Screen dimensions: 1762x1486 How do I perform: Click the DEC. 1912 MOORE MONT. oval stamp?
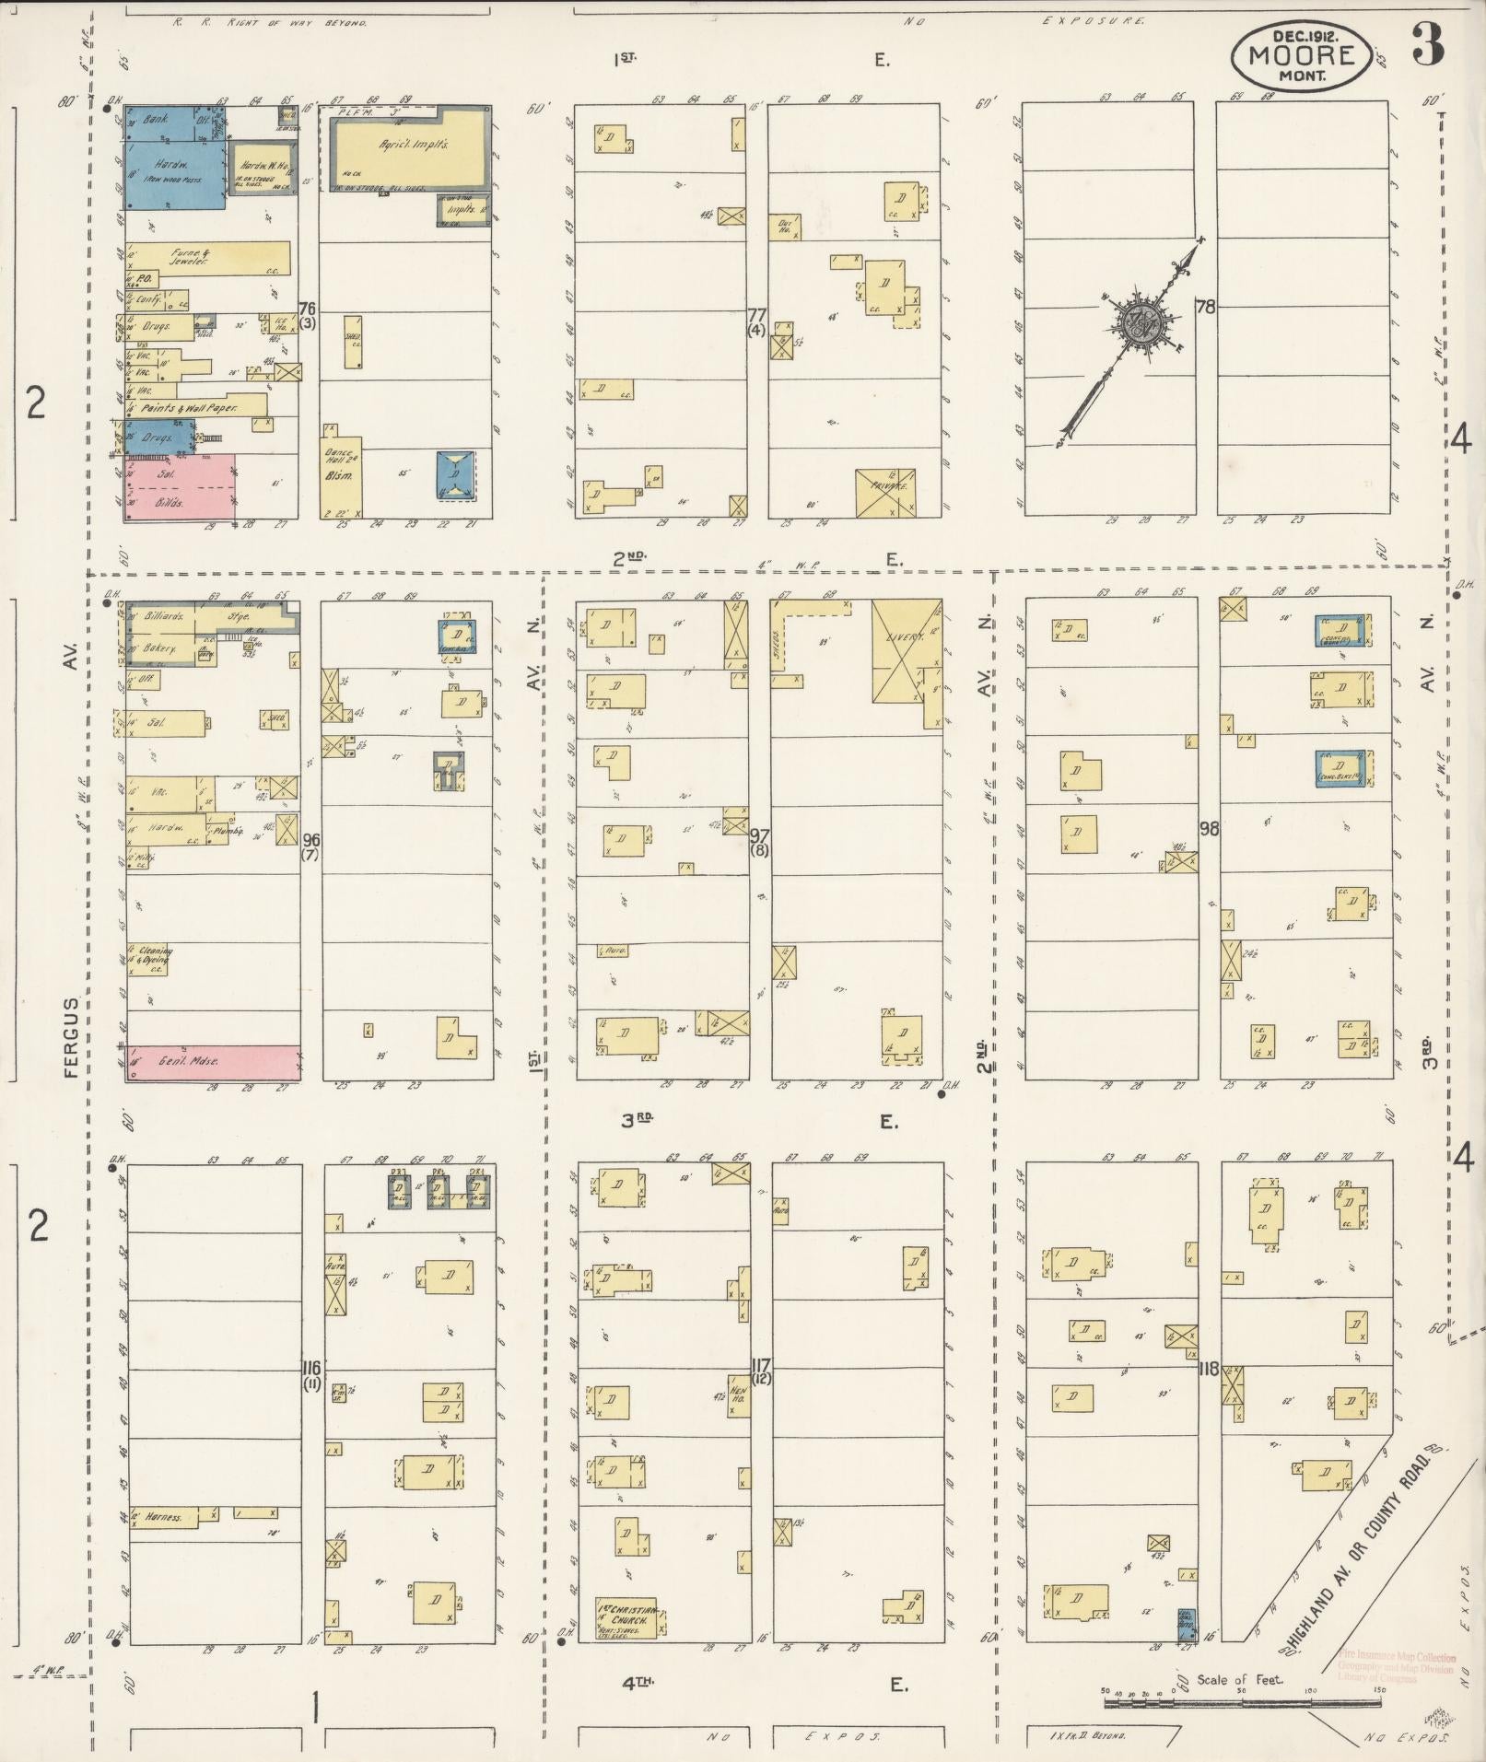click(1305, 54)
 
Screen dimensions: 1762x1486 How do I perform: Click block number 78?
click(1204, 307)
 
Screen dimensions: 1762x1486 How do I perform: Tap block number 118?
click(1209, 1369)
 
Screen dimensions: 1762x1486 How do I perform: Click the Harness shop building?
click(164, 1517)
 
